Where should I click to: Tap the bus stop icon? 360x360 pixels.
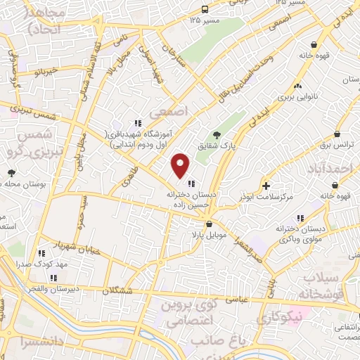205,9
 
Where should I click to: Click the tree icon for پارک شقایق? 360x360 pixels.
217,135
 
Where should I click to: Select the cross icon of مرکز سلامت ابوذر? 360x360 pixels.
266,186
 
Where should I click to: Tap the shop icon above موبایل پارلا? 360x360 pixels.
209,224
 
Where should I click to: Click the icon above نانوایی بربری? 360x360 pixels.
299,86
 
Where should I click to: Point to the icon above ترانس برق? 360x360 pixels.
338,134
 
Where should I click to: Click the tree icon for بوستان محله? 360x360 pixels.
11,172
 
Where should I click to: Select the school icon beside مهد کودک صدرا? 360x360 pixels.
43,252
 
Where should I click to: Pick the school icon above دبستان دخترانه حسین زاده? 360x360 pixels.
191,184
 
